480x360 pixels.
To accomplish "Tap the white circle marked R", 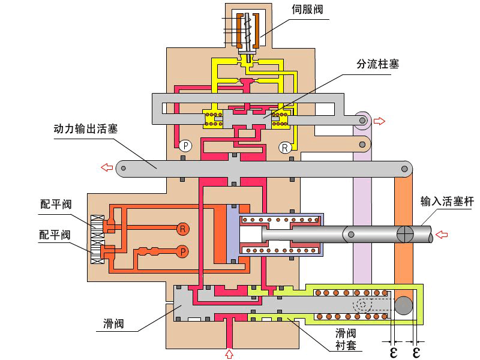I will pos(284,148).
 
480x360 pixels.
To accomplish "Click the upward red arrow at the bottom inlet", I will pos(229,354).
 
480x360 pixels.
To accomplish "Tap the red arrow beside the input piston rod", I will pos(441,233).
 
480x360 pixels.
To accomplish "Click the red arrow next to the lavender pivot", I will pos(380,121).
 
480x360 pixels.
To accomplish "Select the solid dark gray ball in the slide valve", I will pos(404,305).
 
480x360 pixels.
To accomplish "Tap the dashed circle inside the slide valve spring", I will pos(361,304).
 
